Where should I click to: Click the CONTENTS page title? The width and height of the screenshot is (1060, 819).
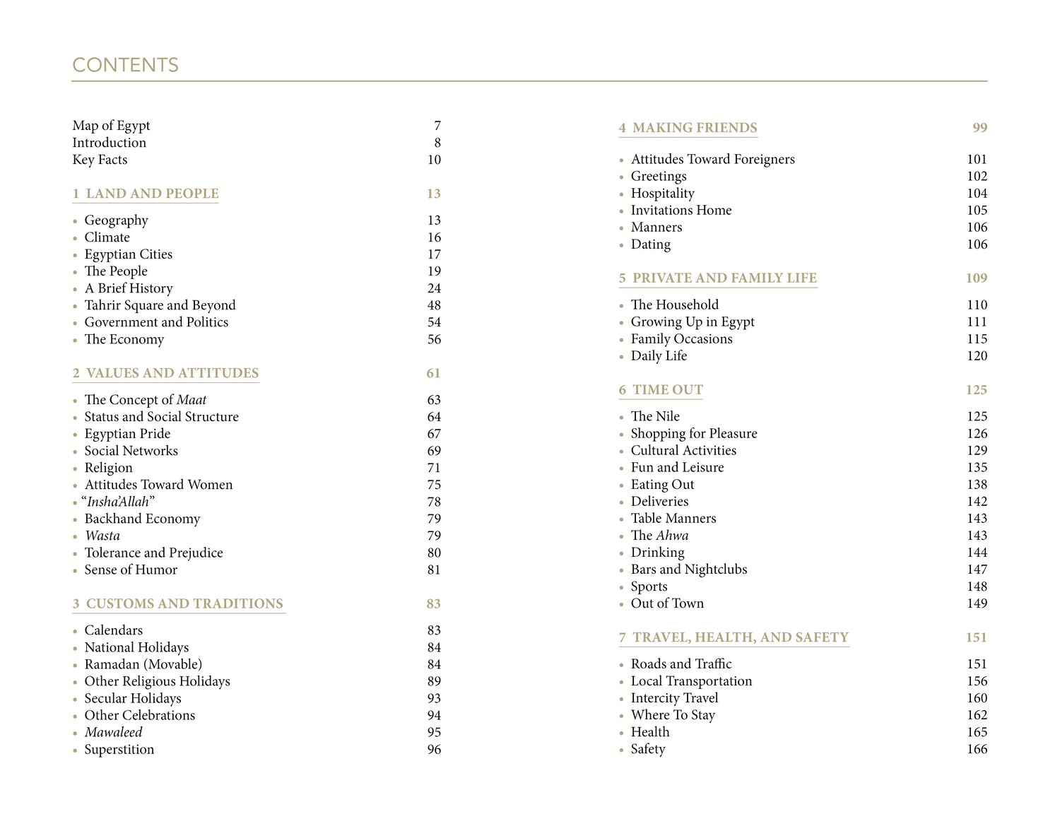(x=125, y=65)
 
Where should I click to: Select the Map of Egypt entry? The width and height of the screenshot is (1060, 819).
(x=111, y=126)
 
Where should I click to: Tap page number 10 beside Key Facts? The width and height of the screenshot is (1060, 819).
(x=434, y=160)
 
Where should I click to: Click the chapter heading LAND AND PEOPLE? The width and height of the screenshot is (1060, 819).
(x=152, y=194)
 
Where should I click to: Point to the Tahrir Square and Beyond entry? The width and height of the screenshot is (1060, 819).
(x=160, y=305)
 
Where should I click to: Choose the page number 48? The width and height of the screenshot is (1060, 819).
(x=434, y=305)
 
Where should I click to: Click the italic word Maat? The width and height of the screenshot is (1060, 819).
(x=192, y=400)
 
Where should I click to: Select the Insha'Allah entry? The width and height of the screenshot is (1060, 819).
(x=118, y=502)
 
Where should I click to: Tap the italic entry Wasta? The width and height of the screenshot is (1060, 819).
(x=102, y=536)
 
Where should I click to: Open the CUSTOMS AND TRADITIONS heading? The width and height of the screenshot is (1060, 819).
(x=184, y=603)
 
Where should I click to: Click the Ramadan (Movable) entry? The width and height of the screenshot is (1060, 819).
(x=143, y=664)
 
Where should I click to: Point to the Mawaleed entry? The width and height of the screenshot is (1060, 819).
(x=113, y=732)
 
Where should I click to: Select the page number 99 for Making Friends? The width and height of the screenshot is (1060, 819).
(x=979, y=128)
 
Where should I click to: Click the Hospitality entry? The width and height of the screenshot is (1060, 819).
(x=662, y=194)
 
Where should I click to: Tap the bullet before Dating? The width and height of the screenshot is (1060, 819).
(x=621, y=245)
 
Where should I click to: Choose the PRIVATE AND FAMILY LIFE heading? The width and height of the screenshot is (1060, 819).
(x=724, y=278)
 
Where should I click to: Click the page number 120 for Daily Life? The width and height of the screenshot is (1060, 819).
(x=977, y=356)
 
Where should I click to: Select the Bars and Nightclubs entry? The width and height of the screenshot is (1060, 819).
(x=688, y=570)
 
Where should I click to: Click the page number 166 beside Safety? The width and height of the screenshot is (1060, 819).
(x=977, y=749)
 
